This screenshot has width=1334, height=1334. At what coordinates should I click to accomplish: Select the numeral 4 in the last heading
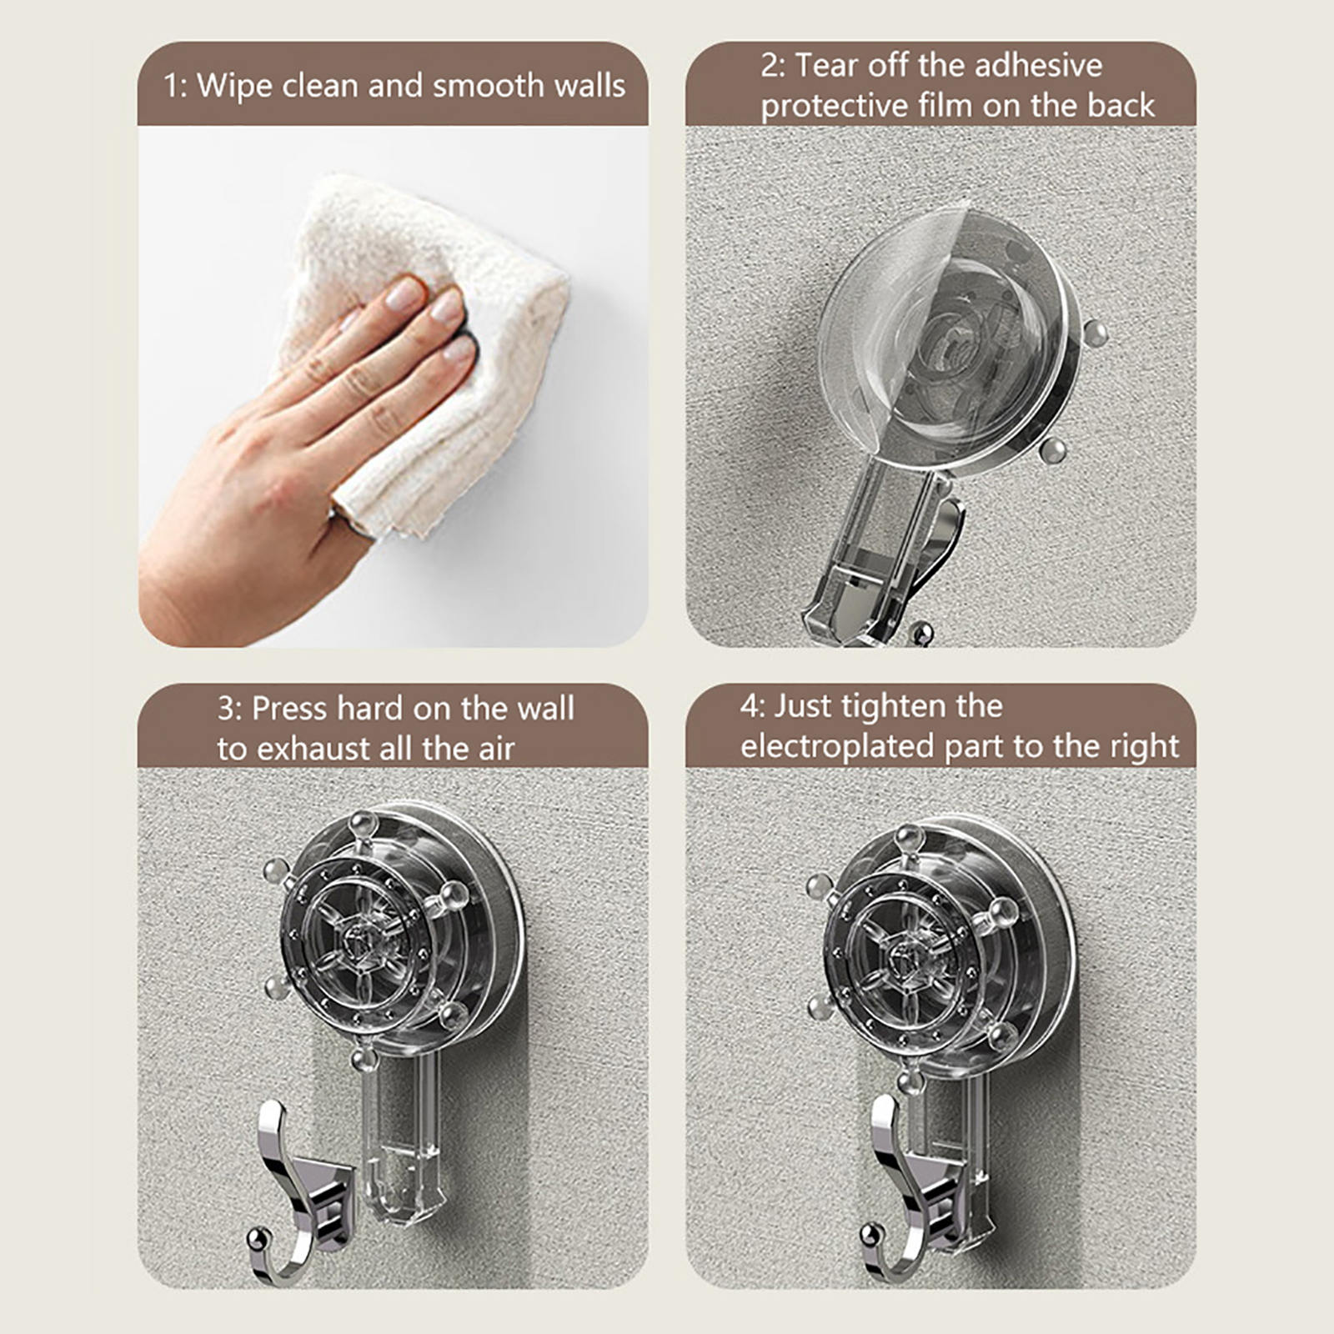click(750, 706)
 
